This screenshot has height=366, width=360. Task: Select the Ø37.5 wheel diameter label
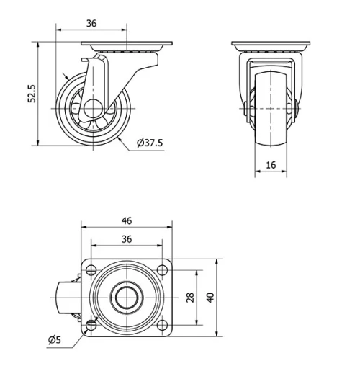(150, 143)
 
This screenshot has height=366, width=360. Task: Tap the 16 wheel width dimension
(271, 165)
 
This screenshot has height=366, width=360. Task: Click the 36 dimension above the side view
(91, 23)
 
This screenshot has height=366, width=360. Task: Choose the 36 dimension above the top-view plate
(127, 238)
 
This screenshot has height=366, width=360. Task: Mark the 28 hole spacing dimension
(190, 298)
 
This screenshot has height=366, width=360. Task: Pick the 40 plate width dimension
(211, 298)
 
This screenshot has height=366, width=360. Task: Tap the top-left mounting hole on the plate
(91, 270)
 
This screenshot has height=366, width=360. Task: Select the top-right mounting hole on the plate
(162, 270)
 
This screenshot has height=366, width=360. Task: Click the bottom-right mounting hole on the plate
(162, 325)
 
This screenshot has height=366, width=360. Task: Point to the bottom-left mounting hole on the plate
(91, 325)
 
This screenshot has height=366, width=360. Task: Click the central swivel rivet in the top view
(127, 298)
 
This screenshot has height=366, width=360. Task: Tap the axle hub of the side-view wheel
(91, 107)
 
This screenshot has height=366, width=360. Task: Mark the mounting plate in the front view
(271, 47)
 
